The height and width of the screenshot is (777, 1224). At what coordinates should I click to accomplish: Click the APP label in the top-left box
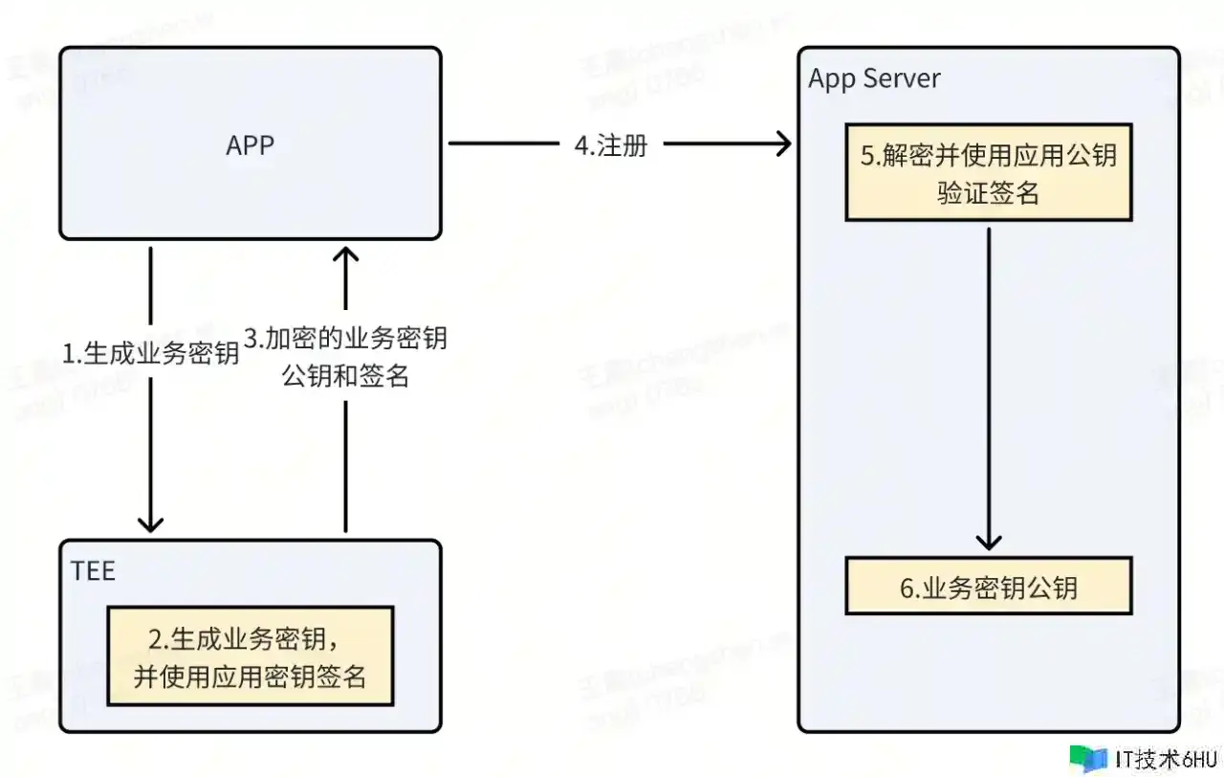coord(250,144)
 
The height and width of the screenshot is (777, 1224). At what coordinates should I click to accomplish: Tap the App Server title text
coord(874,78)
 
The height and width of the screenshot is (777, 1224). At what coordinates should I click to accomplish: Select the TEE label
coord(93,571)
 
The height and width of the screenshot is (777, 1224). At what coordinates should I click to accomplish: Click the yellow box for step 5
coord(988,173)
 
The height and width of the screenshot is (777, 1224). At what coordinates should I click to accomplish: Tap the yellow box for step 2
coord(250,656)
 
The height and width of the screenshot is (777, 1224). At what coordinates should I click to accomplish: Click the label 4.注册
coord(611,145)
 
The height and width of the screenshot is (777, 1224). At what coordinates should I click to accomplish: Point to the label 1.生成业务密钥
coord(150,353)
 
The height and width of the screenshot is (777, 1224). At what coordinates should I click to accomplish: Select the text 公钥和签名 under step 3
coord(345,376)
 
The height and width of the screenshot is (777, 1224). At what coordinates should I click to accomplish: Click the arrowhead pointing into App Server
coord(783,144)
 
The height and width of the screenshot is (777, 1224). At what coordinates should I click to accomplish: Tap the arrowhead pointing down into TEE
coord(150,522)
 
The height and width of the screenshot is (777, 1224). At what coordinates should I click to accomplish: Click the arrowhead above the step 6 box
coord(988,544)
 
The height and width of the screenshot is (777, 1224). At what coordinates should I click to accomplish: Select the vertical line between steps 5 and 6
coord(988,383)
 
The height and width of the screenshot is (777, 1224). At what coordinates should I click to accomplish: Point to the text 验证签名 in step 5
coord(988,193)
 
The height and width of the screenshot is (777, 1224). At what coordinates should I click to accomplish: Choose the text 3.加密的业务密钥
coord(345,338)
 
